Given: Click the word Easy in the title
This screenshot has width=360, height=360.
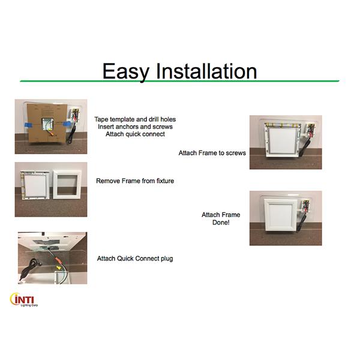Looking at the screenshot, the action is click(126, 71).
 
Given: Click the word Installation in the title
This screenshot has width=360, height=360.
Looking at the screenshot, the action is click(206, 71).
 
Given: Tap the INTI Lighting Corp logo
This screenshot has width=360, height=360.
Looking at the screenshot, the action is click(24, 299).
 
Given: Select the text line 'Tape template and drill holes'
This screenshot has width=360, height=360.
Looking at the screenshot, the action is click(135, 119).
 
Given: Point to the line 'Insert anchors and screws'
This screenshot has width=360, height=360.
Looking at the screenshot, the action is click(135, 127).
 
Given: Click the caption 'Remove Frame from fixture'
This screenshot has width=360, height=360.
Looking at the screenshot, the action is click(135, 181).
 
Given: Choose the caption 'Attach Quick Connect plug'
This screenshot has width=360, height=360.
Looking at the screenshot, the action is click(135, 259).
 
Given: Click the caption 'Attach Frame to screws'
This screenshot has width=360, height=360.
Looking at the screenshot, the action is click(212, 153).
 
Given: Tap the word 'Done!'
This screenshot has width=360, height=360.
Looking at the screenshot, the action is click(221, 223).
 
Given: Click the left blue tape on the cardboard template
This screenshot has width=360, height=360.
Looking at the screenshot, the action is click(28, 125).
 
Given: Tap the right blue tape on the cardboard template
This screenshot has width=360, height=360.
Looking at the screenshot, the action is click(67, 124).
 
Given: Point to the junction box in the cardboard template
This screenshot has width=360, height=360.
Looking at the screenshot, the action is click(47, 124).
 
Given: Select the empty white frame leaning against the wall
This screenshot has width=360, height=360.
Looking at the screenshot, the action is click(67, 185).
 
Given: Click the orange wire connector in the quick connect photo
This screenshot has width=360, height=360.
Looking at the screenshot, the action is click(57, 260).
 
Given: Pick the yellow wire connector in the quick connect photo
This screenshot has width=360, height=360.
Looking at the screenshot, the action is click(59, 268).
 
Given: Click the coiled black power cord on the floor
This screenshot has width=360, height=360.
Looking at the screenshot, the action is click(31, 268).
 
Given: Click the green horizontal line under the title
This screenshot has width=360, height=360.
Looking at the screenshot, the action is click(179, 81).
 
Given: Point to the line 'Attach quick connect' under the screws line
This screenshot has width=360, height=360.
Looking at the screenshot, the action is click(135, 134).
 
